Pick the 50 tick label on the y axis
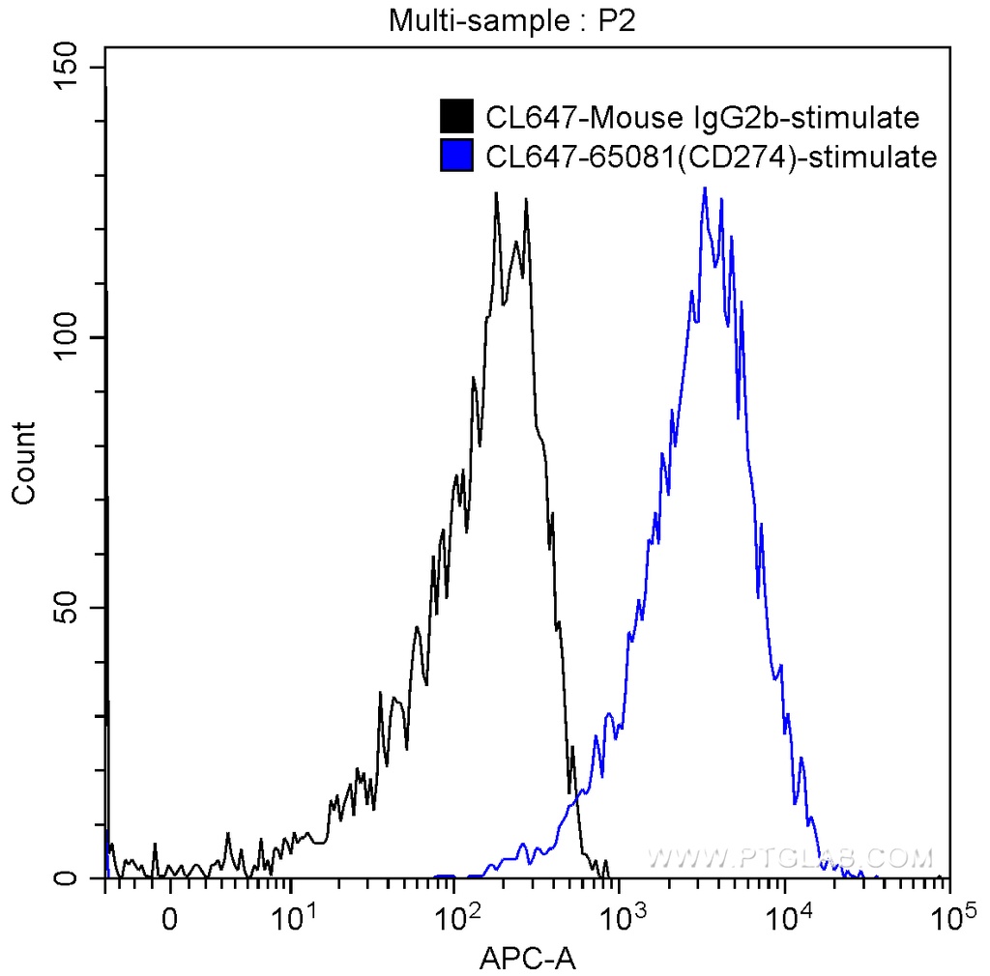pos(68,609)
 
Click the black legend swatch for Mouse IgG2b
pos(456,117)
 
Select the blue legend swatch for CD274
pos(456,156)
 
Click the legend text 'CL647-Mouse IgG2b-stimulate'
pos(702,118)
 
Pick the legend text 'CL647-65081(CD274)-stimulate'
pos(712,157)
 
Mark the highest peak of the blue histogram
pos(705,188)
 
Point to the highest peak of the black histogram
pos(496,193)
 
